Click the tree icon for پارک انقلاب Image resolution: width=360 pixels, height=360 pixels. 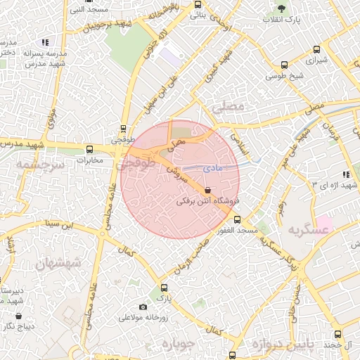[x=282, y=9]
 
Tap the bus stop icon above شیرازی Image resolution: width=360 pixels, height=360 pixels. [x=317, y=50]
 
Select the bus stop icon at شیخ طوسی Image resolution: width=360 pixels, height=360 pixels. [x=284, y=65]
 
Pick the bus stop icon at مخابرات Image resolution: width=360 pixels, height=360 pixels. [x=89, y=149]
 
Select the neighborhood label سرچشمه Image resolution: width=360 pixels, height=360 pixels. [x=39, y=164]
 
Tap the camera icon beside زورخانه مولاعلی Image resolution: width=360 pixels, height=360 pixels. [x=143, y=307]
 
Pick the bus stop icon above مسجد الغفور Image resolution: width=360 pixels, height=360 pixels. [x=237, y=219]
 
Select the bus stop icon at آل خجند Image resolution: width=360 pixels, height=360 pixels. [x=337, y=335]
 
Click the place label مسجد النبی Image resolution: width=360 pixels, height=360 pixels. [x=89, y=10]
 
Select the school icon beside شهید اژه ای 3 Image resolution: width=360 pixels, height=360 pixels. [x=345, y=174]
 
